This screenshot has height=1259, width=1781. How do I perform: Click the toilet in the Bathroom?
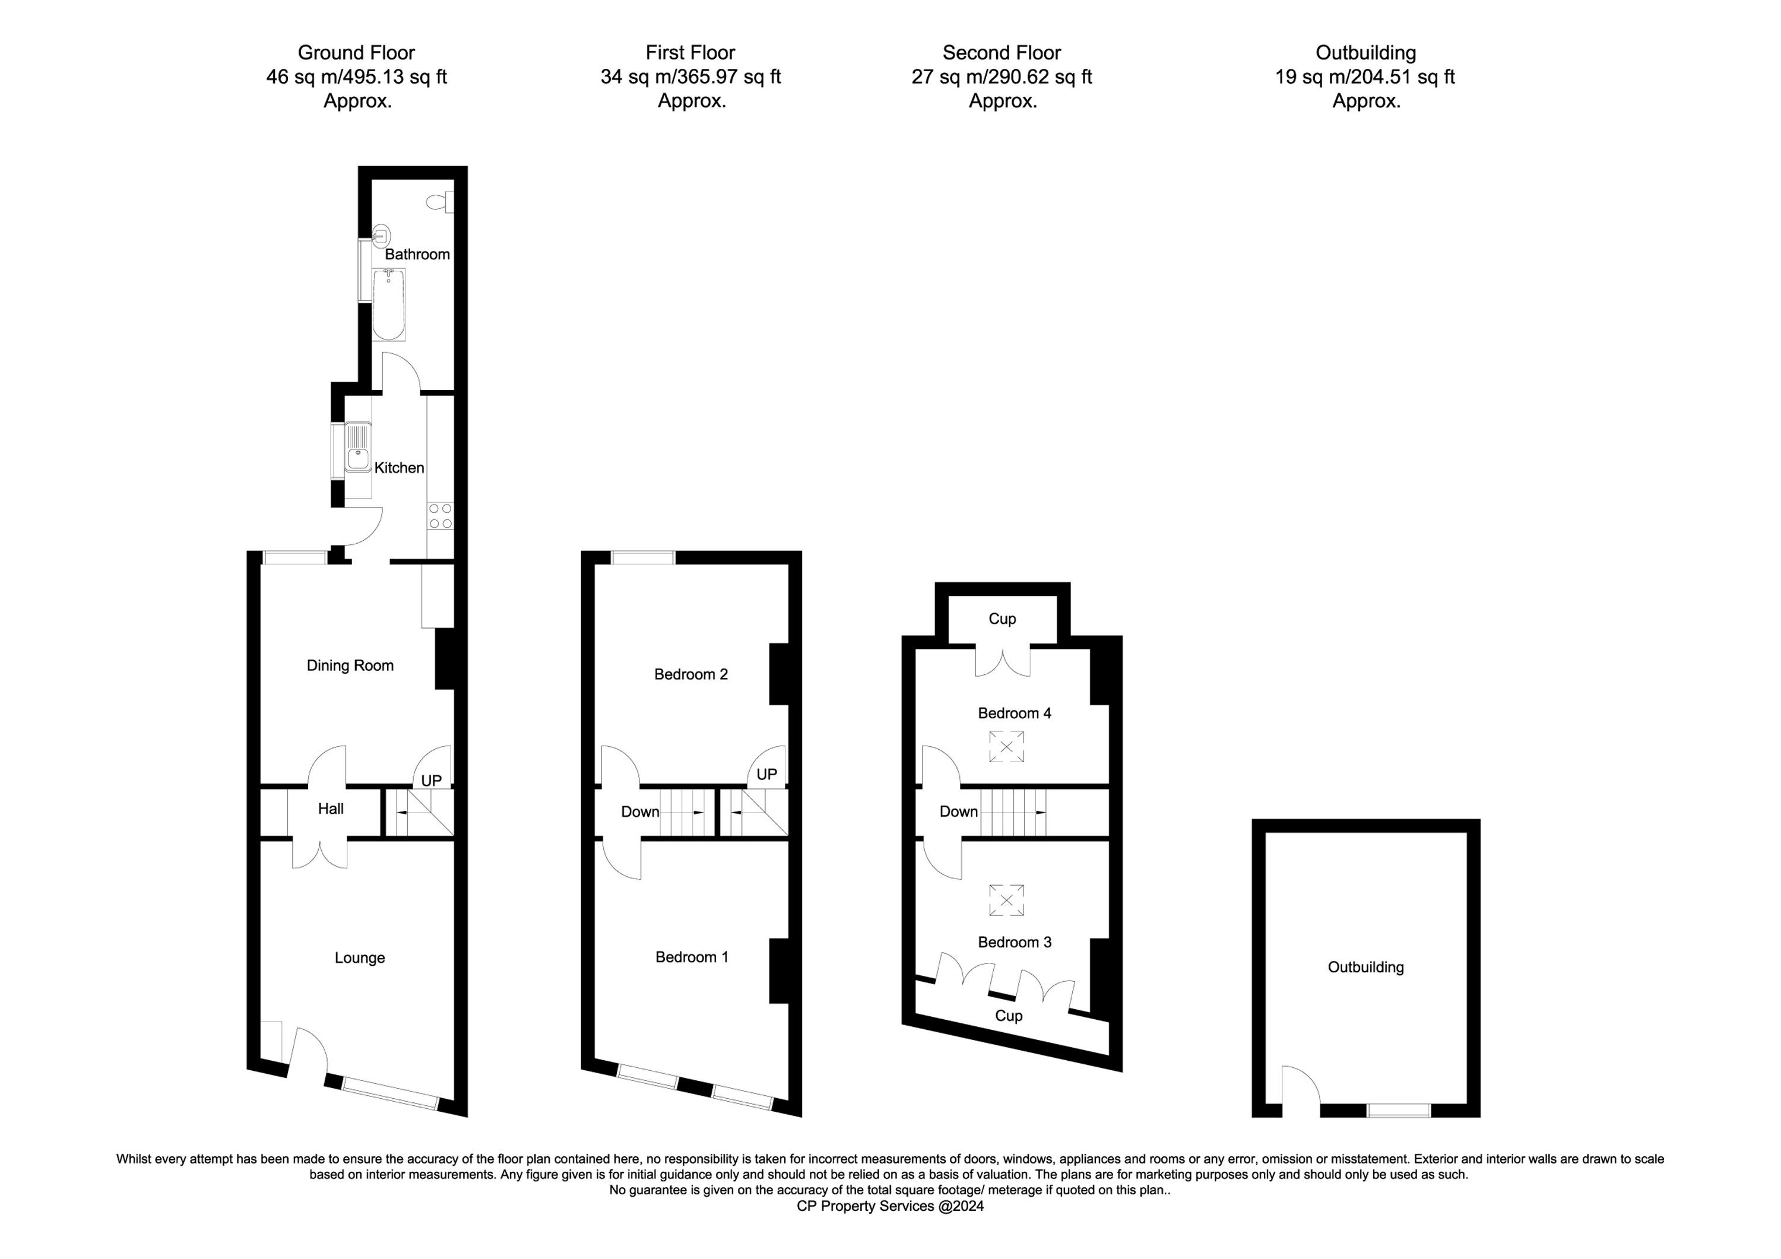pos(440,202)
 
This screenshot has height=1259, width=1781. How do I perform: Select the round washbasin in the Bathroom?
pos(381,235)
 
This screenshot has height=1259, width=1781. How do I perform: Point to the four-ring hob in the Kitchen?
pos(441,516)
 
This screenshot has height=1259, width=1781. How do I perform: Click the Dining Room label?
pos(350,665)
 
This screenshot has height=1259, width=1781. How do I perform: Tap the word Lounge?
pos(360,958)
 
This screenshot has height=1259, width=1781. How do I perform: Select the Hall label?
pos(331,809)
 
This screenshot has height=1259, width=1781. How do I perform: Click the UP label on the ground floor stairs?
pos(431,781)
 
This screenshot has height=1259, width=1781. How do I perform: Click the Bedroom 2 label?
pos(691,674)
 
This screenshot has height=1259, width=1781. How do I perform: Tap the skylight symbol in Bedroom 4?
pos(1007,747)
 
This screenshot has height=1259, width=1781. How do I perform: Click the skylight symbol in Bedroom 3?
pos(1007,900)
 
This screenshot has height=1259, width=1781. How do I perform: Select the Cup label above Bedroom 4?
pos(1002,619)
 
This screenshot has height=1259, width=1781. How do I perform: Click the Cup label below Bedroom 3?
pos(1009,1016)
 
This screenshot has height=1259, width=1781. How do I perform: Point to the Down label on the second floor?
pos(959,811)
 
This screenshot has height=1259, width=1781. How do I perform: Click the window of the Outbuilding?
pos(1399,1111)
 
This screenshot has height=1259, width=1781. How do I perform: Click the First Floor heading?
pos(690,53)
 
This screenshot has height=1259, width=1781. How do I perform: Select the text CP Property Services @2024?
pos(890,1206)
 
